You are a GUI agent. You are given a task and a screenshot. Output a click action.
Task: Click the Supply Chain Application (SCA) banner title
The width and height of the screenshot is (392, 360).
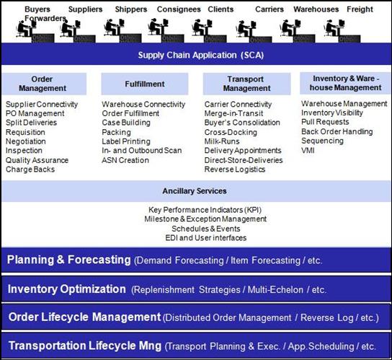click(x=201, y=55)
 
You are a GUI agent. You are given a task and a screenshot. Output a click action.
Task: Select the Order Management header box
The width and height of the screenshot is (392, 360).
click(x=44, y=84)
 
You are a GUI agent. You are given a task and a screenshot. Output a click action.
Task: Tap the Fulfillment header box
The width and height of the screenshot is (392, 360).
click(x=145, y=84)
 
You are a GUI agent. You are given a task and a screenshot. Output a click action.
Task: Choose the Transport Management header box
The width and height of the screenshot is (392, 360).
click(x=246, y=84)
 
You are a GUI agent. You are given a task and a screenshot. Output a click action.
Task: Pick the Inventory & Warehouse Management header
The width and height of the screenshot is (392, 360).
click(x=345, y=83)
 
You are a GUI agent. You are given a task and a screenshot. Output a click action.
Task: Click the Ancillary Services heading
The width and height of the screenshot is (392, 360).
click(x=195, y=191)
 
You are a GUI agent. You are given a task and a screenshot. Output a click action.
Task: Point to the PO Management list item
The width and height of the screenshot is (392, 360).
click(x=35, y=113)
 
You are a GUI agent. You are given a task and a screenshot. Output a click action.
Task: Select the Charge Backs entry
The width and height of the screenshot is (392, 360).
click(x=30, y=170)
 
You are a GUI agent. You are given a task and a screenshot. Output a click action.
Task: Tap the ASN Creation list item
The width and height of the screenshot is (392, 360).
click(x=125, y=160)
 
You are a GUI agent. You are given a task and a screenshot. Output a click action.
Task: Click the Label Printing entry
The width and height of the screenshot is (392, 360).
click(x=126, y=141)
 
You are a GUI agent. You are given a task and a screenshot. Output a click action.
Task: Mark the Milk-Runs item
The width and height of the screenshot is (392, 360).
click(x=222, y=141)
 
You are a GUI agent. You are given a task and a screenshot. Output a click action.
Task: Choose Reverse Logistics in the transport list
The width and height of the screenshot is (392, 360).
click(x=235, y=170)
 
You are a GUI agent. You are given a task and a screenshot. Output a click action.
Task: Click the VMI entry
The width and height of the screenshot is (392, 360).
click(x=308, y=151)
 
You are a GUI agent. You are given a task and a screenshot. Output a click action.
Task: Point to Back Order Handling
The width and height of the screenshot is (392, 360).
click(x=337, y=131)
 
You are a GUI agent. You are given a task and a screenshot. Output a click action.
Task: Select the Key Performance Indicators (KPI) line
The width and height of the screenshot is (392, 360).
click(x=205, y=210)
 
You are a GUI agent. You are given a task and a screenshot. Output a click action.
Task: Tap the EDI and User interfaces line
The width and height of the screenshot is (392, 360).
click(x=206, y=238)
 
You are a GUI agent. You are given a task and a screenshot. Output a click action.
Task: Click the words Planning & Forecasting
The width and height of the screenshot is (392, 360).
click(x=68, y=260)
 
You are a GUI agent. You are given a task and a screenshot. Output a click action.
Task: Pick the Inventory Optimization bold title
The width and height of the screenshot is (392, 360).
click(x=67, y=289)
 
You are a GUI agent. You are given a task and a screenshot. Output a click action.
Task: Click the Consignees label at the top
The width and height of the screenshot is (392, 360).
click(x=179, y=9)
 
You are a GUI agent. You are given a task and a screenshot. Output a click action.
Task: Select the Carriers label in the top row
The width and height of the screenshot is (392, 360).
click(x=269, y=9)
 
